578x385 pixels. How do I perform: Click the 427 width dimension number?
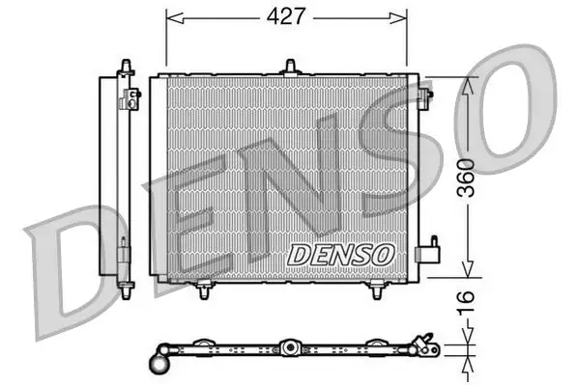tap(287, 16)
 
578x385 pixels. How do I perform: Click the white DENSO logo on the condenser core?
tap(341, 253)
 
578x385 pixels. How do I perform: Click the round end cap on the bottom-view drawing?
tap(159, 363)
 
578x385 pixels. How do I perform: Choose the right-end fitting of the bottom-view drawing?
tap(420, 344)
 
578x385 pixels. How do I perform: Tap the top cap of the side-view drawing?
tap(124, 64)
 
